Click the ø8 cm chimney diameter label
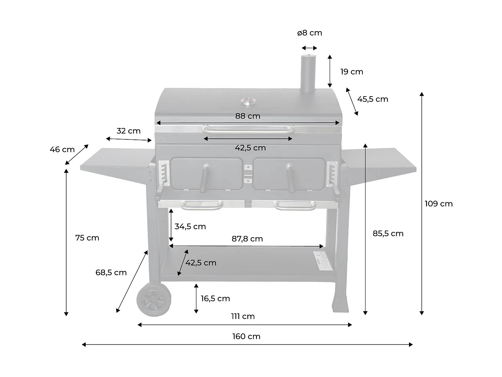[310, 33]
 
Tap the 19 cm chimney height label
[351, 72]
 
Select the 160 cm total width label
[246, 336]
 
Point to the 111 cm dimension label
[243, 316]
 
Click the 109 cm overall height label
[438, 204]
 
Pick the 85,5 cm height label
[388, 234]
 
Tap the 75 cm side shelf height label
[87, 238]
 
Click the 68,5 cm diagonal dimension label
[111, 273]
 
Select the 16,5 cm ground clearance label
[215, 299]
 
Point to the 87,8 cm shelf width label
[247, 239]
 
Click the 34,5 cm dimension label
[190, 227]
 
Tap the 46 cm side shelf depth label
[62, 149]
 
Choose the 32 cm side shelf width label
[129, 131]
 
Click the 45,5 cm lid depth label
[372, 99]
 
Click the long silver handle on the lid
[248, 129]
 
